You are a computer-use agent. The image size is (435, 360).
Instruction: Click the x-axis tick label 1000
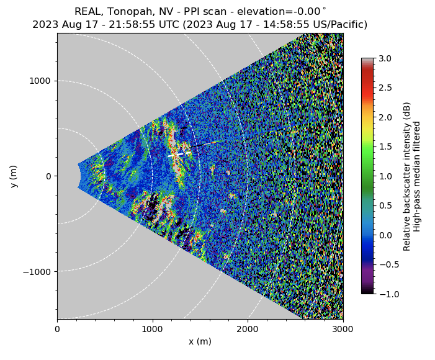click(x=152, y=330)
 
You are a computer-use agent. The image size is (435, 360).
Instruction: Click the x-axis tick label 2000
click(x=248, y=330)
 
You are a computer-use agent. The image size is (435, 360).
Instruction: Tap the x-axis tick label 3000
click(x=343, y=330)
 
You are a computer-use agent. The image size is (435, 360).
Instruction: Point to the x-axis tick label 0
click(x=57, y=330)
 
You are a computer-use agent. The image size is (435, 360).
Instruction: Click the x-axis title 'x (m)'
click(x=200, y=341)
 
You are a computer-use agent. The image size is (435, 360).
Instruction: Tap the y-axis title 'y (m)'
click(x=14, y=176)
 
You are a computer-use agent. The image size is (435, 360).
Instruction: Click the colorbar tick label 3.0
click(x=385, y=58)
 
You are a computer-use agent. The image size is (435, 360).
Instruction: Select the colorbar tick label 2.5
click(x=385, y=88)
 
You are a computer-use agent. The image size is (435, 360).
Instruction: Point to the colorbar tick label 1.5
click(x=385, y=146)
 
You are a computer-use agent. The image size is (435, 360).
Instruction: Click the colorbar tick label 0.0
click(x=385, y=235)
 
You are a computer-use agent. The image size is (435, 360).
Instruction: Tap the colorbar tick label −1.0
click(x=383, y=294)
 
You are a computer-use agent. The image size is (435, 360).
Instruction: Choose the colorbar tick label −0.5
click(x=383, y=264)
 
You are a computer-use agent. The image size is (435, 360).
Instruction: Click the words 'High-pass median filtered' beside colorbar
click(x=417, y=176)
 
